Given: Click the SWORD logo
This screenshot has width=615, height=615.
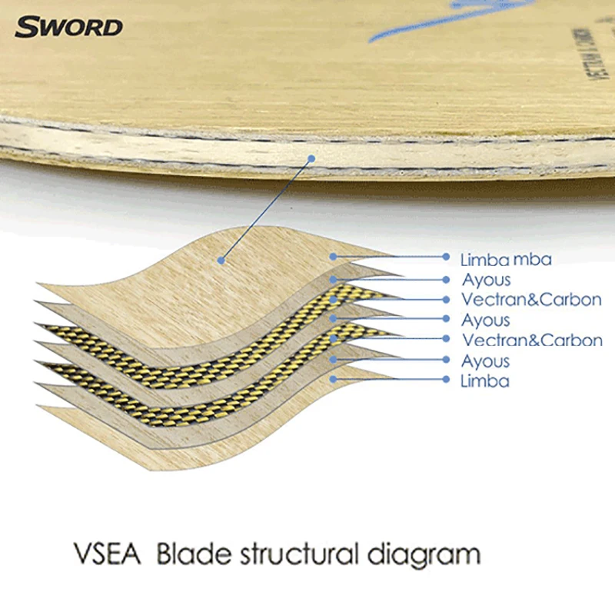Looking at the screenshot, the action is [x=68, y=28].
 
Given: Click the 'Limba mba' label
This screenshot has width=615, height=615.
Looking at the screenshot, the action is [x=506, y=259].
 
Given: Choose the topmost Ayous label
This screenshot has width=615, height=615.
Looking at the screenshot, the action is [x=486, y=280].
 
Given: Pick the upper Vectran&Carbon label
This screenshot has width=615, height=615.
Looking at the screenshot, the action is [x=531, y=300].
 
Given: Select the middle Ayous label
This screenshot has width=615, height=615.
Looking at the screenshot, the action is [x=486, y=320].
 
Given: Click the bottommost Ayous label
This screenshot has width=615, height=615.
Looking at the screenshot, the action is [x=486, y=361].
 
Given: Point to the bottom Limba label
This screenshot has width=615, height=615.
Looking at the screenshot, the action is [x=485, y=381].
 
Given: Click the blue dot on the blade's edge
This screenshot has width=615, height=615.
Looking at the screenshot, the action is [x=312, y=159].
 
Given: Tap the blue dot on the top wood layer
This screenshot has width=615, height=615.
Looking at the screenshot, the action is [x=221, y=260].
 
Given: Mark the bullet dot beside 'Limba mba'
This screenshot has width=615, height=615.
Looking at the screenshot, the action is [x=446, y=257].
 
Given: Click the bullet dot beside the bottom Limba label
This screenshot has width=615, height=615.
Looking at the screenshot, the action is [x=446, y=379].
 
